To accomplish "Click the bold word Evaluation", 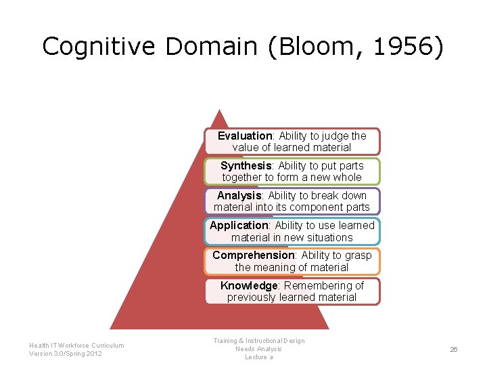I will tap(245, 136).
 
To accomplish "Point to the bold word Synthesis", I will tap(246, 165).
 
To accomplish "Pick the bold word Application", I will tap(239, 225).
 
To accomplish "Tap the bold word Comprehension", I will tap(254, 255).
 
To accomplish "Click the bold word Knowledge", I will tap(249, 285).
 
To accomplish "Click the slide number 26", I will tap(454, 349).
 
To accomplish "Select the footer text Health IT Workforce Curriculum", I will tap(76, 346).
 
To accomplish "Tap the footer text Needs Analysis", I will tap(258, 349).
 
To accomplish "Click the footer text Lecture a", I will tap(258, 357).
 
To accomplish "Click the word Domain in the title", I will tap(211, 47).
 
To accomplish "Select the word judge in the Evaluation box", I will tap(335, 136).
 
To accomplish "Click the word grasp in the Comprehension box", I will tap(358, 255).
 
